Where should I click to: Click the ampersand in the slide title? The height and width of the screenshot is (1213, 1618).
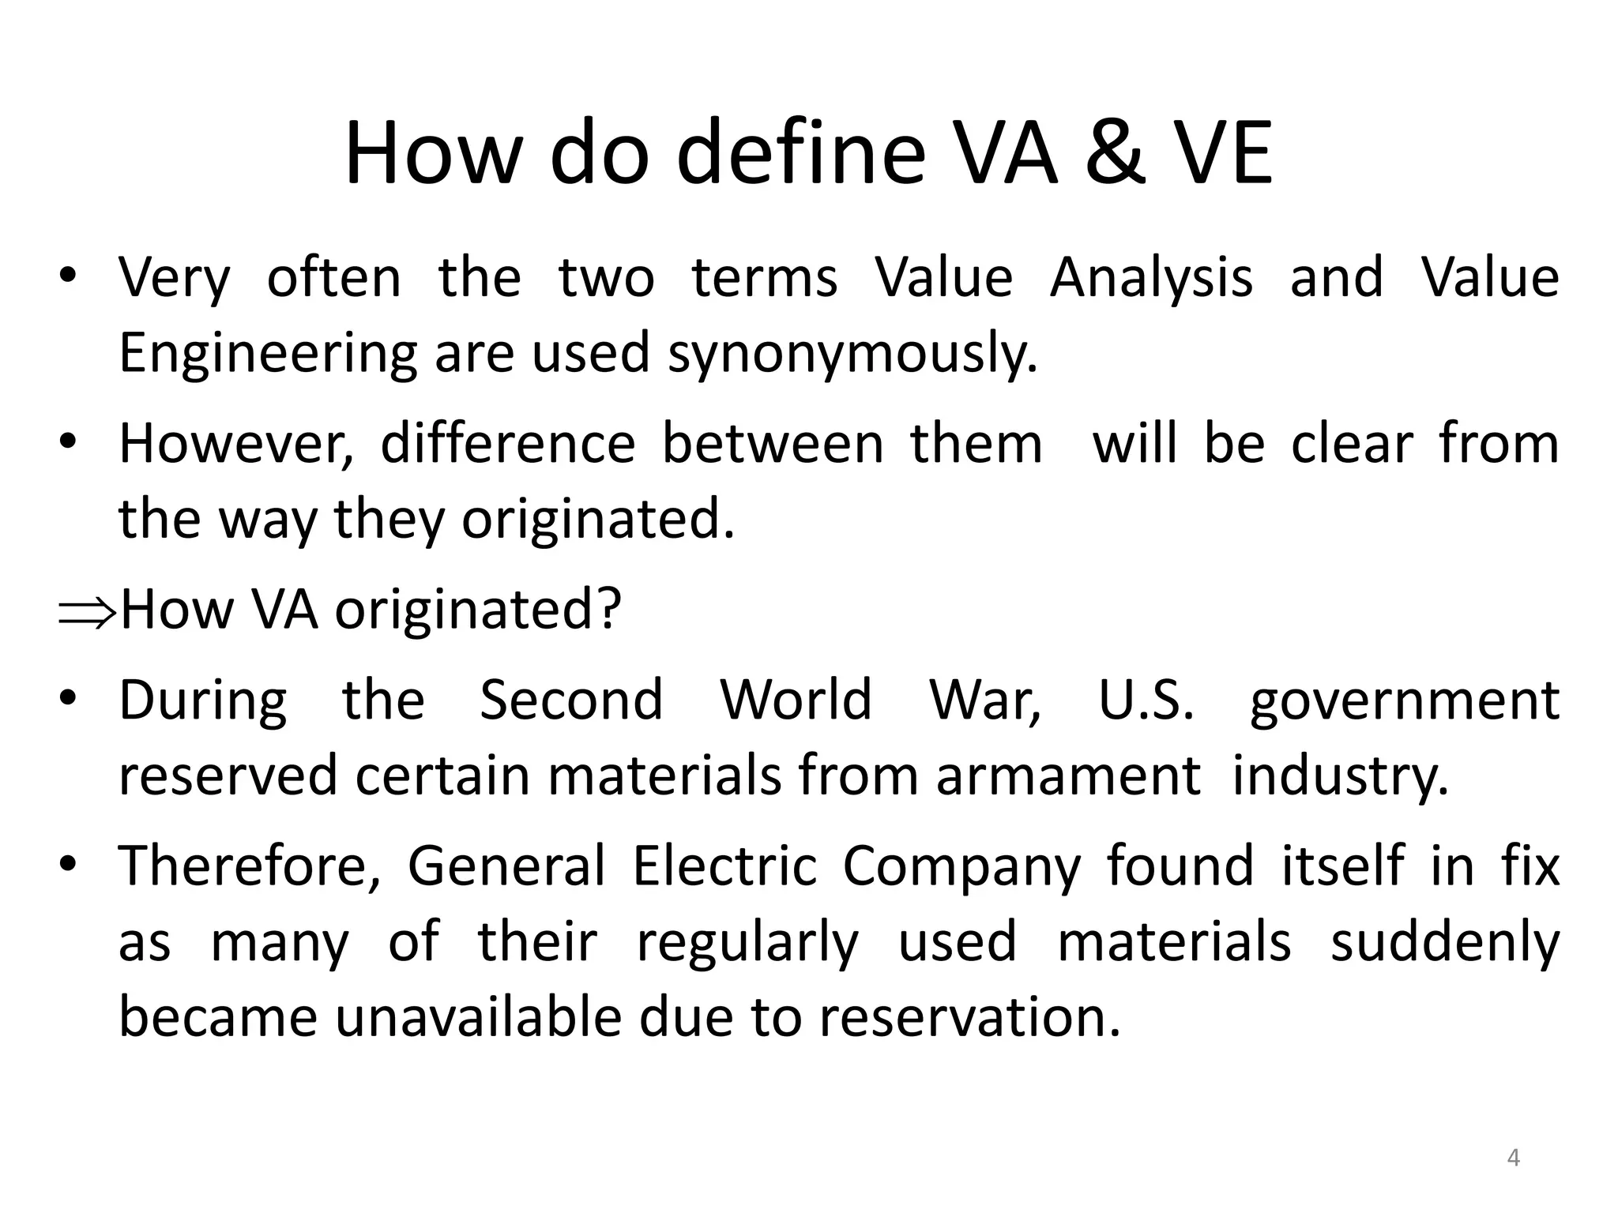tap(1116, 153)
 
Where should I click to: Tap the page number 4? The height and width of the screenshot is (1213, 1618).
tap(1513, 1158)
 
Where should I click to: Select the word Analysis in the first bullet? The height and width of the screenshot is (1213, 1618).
tap(1151, 278)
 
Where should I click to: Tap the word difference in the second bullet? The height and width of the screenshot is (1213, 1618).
tap(508, 444)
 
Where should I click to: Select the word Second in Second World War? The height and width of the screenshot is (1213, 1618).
tap(571, 700)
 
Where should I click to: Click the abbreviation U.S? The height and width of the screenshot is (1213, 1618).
tap(1146, 700)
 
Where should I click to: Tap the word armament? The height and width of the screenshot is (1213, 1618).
tap(1069, 775)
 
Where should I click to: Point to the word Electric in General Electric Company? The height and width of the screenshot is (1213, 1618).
tap(724, 866)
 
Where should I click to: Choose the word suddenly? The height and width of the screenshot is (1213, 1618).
tap(1445, 943)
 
